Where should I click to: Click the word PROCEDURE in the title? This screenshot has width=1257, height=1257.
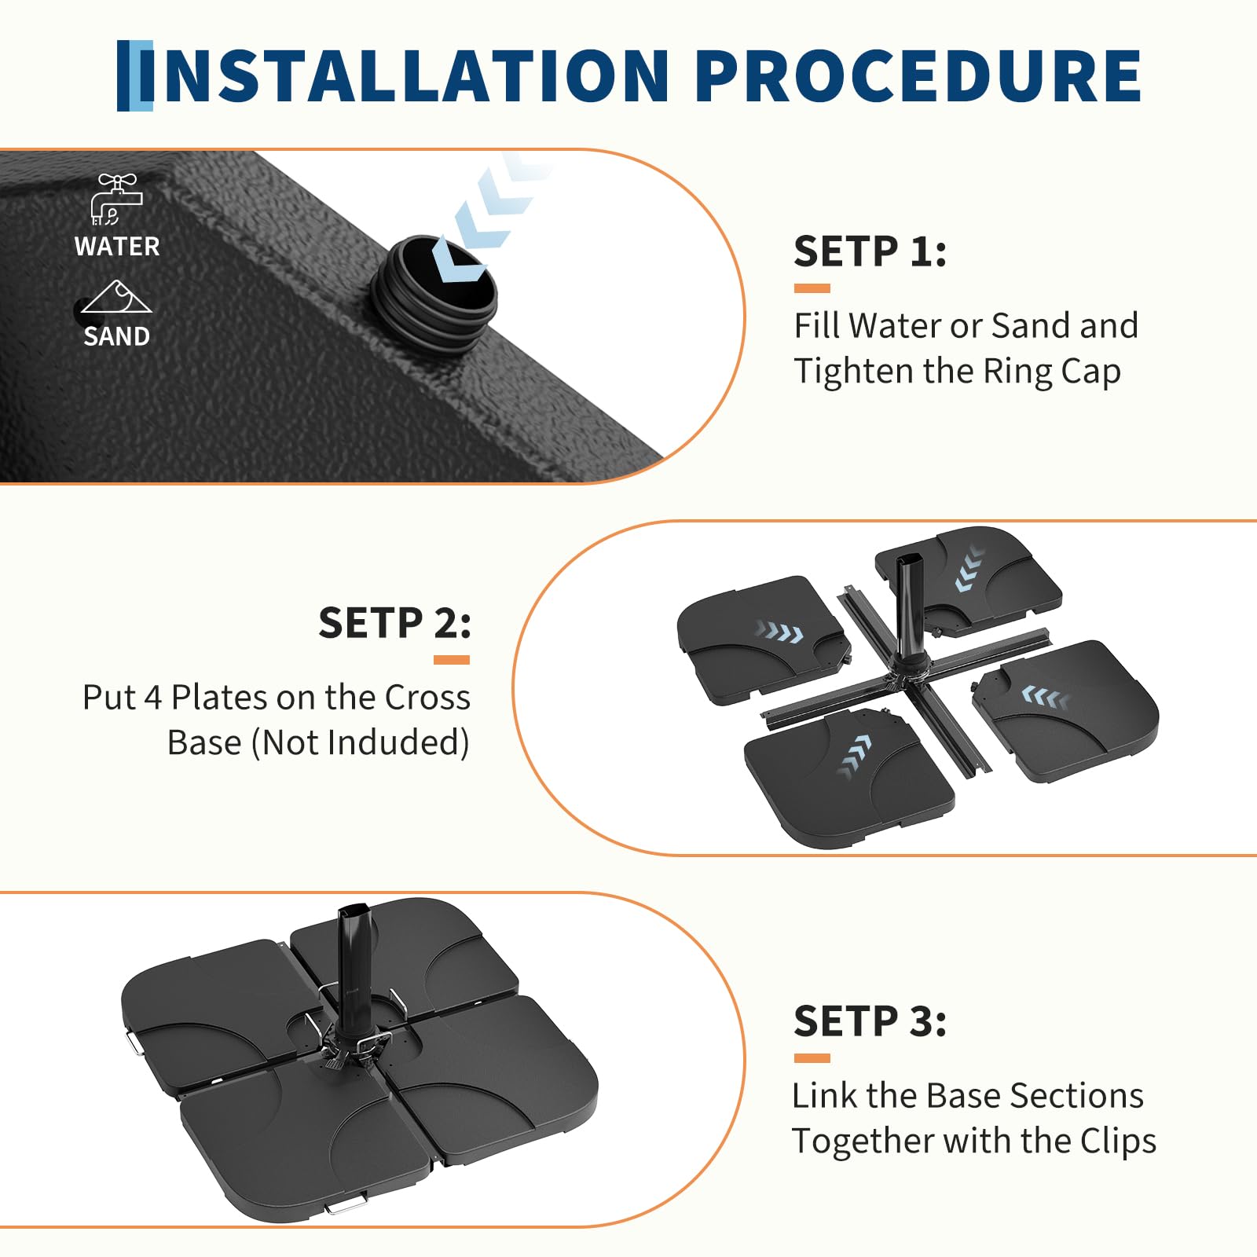pos(918,75)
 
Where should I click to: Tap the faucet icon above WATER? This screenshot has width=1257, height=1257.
pos(117,200)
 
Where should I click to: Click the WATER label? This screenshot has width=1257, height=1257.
pos(117,247)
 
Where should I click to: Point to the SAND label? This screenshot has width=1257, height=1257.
pos(116,336)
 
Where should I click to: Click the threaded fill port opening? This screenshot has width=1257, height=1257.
pos(436,291)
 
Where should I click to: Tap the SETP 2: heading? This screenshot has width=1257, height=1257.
pos(394,623)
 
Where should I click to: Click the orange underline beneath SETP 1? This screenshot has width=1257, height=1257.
pos(812,288)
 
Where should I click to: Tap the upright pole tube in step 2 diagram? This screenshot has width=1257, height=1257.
pos(911,609)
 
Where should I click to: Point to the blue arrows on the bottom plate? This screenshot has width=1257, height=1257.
pos(856,756)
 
